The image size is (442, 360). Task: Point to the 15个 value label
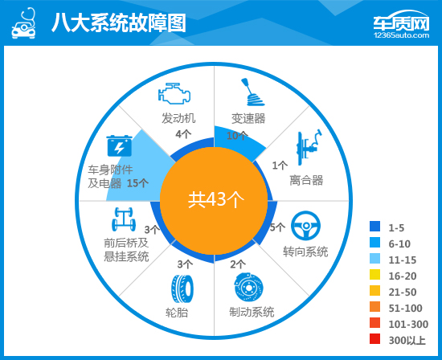point(137,183)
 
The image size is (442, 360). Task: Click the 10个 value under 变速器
point(237,136)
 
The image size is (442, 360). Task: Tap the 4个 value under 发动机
point(184,134)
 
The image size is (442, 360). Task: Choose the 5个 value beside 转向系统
point(277,227)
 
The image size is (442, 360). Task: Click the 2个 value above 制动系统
point(238,264)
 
